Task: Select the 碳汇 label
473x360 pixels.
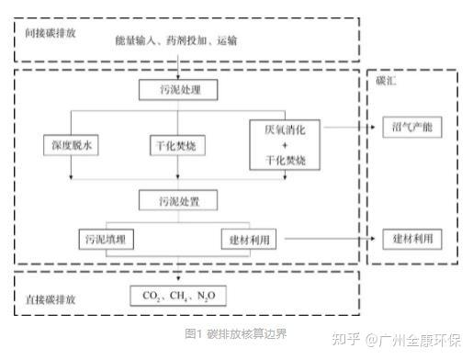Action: click(x=385, y=81)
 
